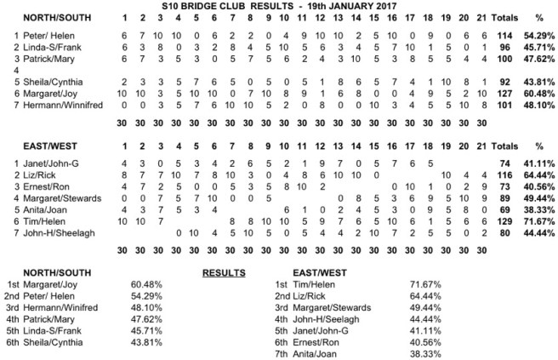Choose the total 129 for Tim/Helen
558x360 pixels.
point(511,219)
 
